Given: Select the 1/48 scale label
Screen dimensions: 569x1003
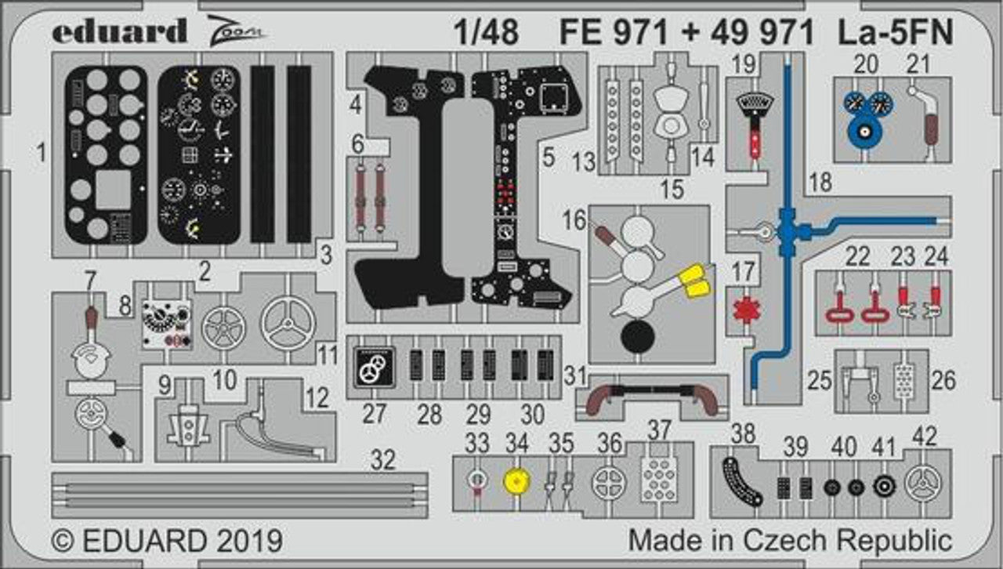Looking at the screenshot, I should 486,33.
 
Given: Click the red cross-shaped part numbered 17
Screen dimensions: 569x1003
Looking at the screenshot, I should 744,308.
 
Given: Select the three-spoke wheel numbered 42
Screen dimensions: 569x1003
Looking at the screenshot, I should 924,483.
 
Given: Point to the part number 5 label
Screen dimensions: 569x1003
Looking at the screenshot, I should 548,157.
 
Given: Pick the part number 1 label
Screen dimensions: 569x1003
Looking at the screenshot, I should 41,154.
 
